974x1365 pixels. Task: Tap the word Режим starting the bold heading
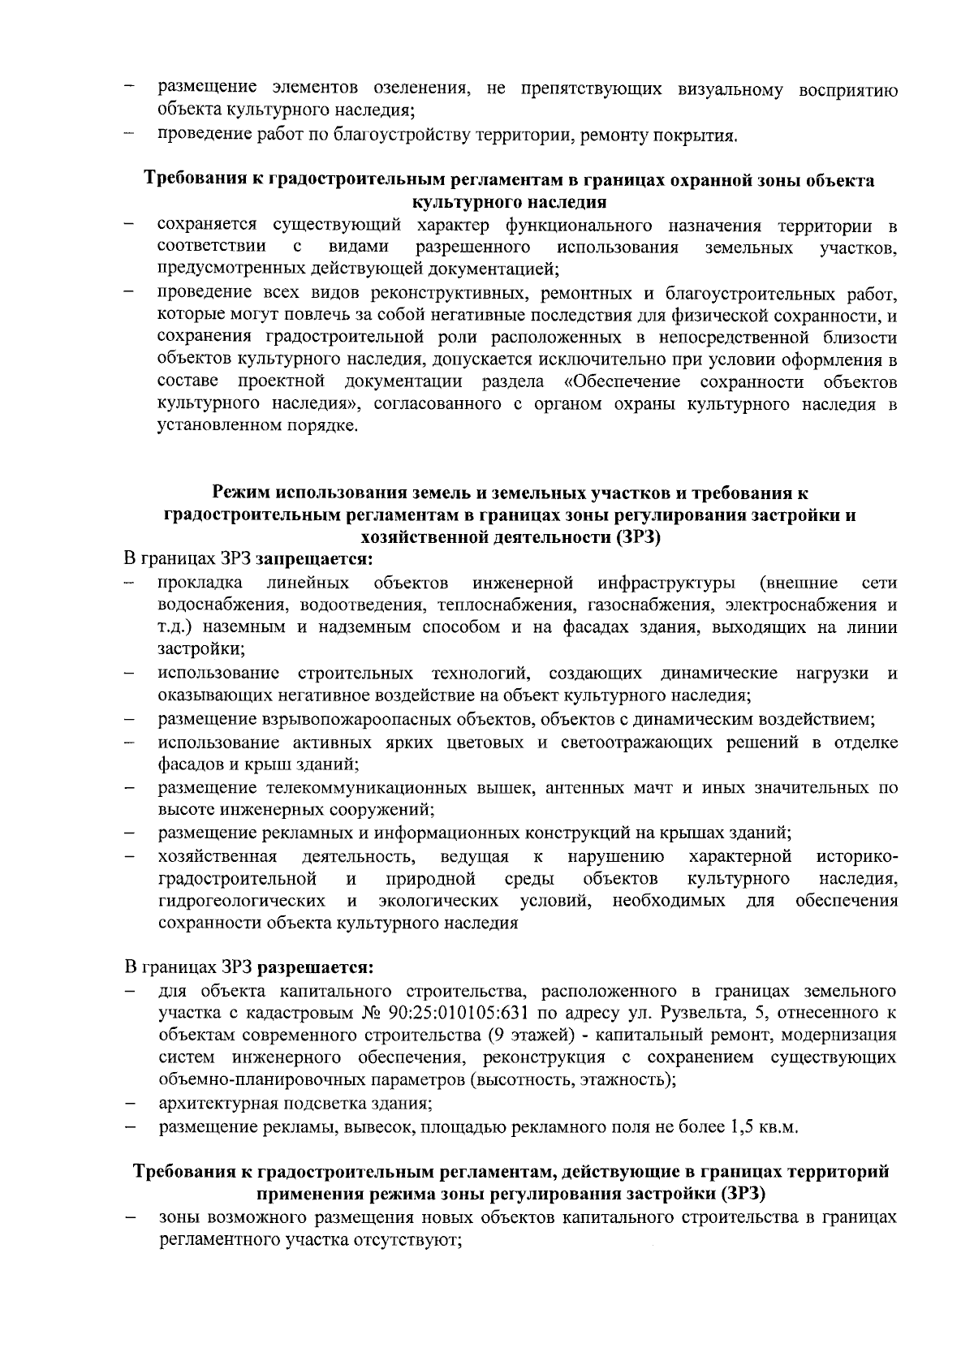(x=241, y=492)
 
